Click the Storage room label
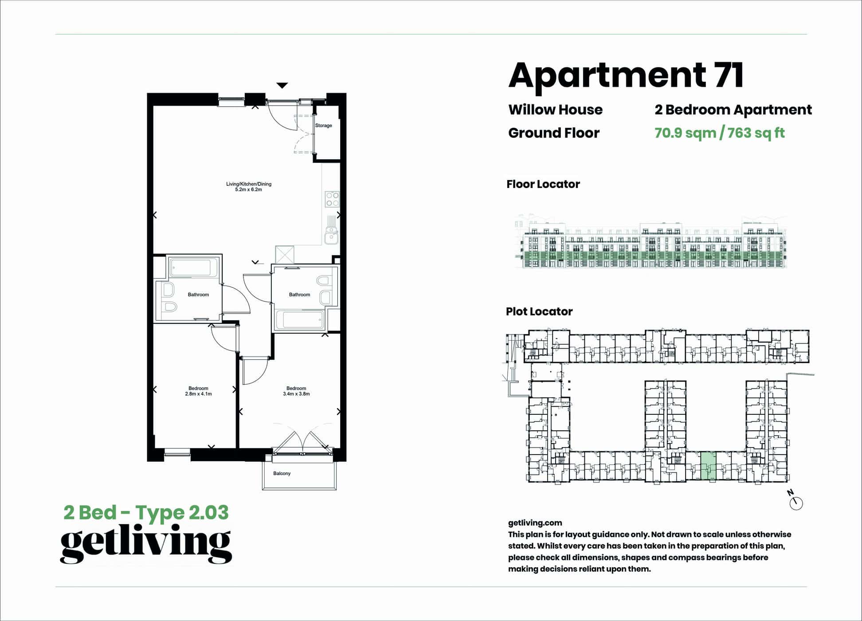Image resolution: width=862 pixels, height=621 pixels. (x=323, y=126)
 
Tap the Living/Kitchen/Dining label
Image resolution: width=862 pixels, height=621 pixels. (x=248, y=184)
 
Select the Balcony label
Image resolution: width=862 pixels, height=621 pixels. (x=282, y=474)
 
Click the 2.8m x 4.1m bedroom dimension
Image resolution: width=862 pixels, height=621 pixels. (x=198, y=394)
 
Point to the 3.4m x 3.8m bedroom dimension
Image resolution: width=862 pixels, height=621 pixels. (x=296, y=394)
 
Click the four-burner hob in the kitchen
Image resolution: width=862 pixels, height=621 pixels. (x=332, y=199)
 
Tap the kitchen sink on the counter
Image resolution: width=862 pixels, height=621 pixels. (x=331, y=236)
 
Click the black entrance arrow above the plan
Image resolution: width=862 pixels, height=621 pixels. (x=282, y=85)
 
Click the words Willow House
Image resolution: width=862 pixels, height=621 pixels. (x=555, y=110)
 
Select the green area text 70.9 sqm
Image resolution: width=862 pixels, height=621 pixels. (x=685, y=133)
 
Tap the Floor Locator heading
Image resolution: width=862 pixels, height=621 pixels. (x=543, y=184)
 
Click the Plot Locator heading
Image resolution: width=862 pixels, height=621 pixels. (x=539, y=311)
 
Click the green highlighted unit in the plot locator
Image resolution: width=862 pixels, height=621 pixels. (x=708, y=466)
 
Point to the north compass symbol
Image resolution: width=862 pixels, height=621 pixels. (x=796, y=503)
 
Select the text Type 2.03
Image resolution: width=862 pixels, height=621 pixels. (x=182, y=513)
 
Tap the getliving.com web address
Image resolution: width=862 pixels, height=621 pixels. (x=535, y=523)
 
